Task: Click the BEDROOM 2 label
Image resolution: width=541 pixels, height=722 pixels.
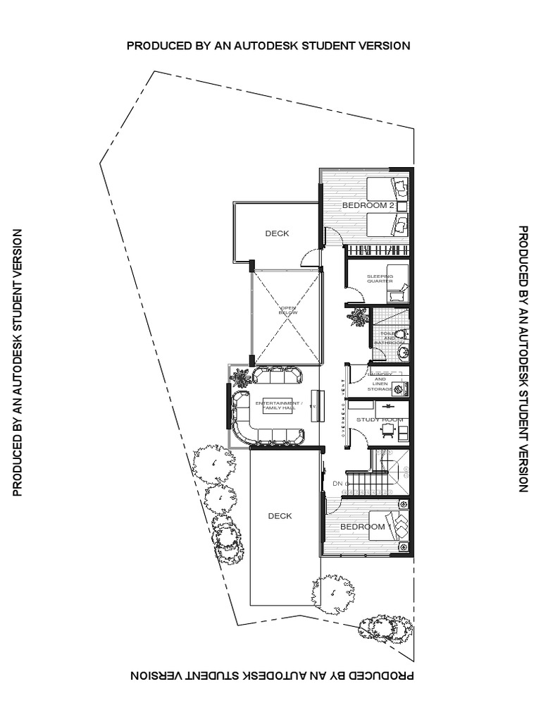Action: (367, 205)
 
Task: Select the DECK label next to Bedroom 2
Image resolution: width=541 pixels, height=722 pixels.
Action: (277, 234)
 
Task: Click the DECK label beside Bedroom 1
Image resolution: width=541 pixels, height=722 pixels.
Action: (280, 516)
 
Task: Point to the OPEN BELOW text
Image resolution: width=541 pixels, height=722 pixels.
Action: (289, 310)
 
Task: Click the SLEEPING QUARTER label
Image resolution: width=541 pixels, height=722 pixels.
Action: (380, 278)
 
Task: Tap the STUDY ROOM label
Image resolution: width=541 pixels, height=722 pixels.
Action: (380, 420)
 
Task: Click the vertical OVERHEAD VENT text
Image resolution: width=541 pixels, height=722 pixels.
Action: (344, 410)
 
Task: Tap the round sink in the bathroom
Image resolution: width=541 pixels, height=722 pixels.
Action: (402, 352)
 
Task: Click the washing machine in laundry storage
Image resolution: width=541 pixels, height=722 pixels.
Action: (399, 388)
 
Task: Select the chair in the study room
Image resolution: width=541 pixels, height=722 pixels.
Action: (387, 429)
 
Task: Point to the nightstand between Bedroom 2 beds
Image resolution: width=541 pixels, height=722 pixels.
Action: (402, 206)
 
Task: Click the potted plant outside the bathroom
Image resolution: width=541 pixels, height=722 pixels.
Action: (358, 317)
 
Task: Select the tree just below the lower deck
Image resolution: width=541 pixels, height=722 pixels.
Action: (328, 589)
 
